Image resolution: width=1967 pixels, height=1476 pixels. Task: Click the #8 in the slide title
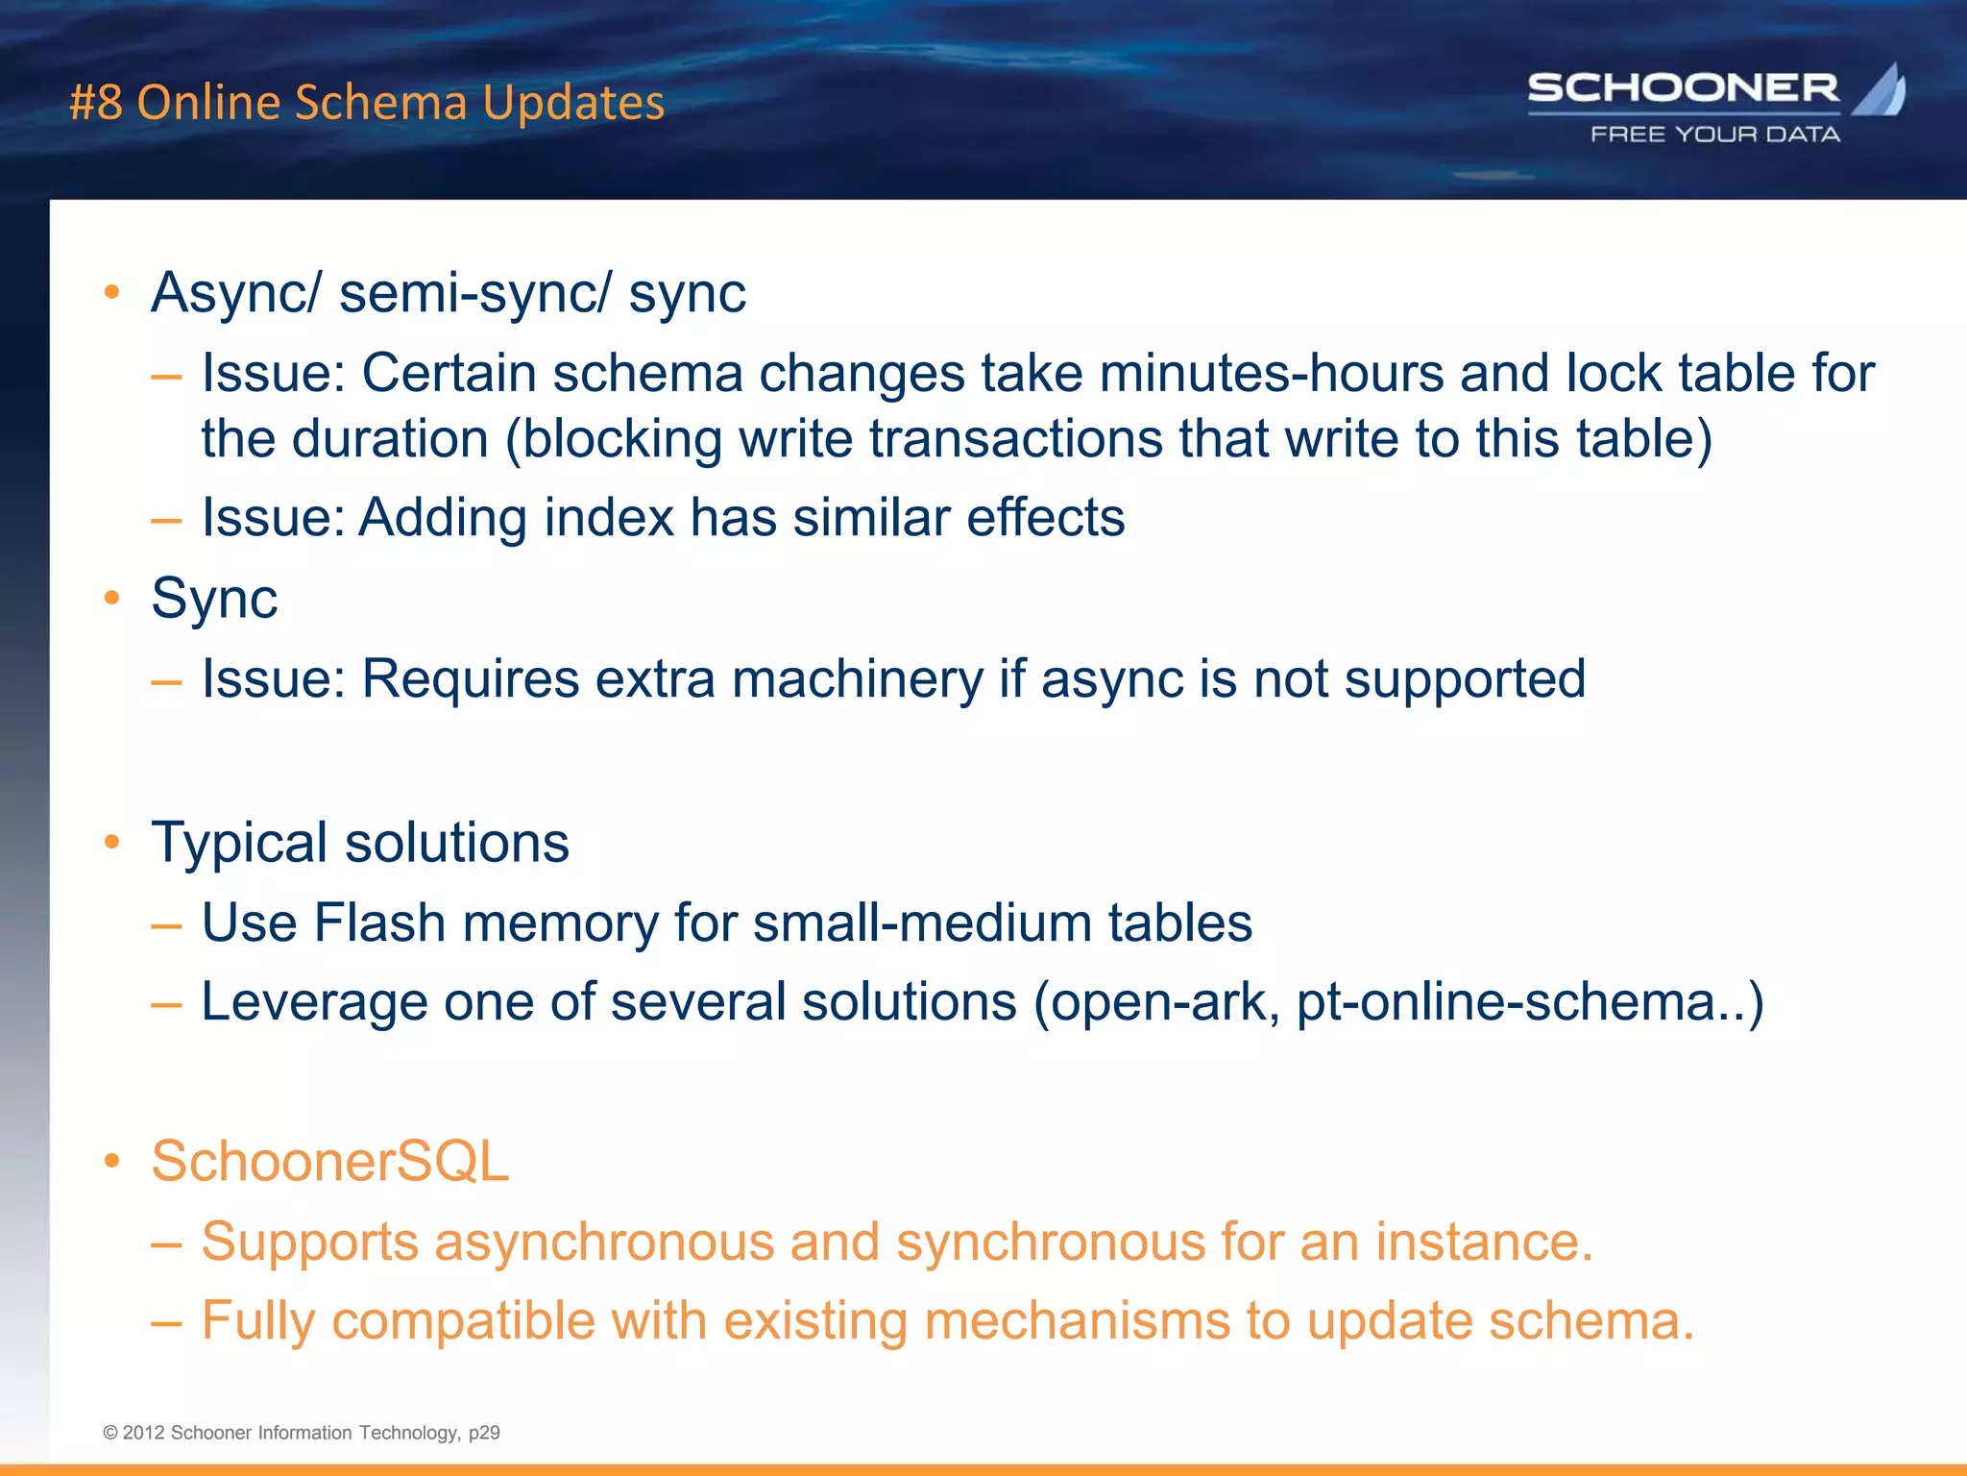pyautogui.click(x=96, y=103)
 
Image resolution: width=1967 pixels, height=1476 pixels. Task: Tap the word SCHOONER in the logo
pyautogui.click(x=1683, y=88)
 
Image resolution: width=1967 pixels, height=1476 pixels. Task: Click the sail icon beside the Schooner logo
pyautogui.click(x=1880, y=90)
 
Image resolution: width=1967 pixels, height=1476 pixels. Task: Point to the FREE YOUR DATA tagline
pyautogui.click(x=1714, y=135)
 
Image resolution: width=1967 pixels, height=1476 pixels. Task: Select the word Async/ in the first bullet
pyautogui.click(x=236, y=293)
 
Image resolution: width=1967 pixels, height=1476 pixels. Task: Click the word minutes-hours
pyautogui.click(x=1271, y=373)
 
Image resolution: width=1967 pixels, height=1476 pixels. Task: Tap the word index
pyautogui.click(x=609, y=518)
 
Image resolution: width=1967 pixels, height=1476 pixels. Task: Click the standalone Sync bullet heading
pyautogui.click(x=214, y=599)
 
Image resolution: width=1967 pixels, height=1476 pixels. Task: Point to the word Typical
pyautogui.click(x=239, y=844)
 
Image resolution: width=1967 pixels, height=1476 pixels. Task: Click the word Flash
pyautogui.click(x=379, y=922)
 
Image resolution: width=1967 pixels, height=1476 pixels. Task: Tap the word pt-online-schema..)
pyautogui.click(x=1530, y=1002)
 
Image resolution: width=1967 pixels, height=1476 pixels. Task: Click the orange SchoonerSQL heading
pyautogui.click(x=329, y=1161)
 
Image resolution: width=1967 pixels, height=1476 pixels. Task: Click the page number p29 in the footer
pyautogui.click(x=484, y=1433)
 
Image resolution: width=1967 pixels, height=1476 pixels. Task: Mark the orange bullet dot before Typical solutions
pyautogui.click(x=112, y=843)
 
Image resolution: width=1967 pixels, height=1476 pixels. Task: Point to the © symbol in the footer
pyautogui.click(x=110, y=1433)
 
